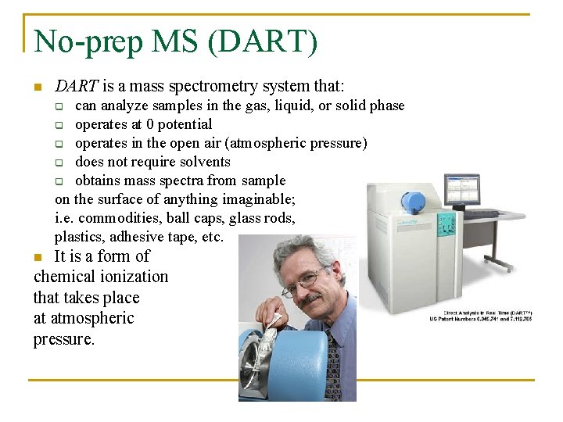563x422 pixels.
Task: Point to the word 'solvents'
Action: (205, 162)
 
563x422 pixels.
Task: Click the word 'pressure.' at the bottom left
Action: (63, 339)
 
